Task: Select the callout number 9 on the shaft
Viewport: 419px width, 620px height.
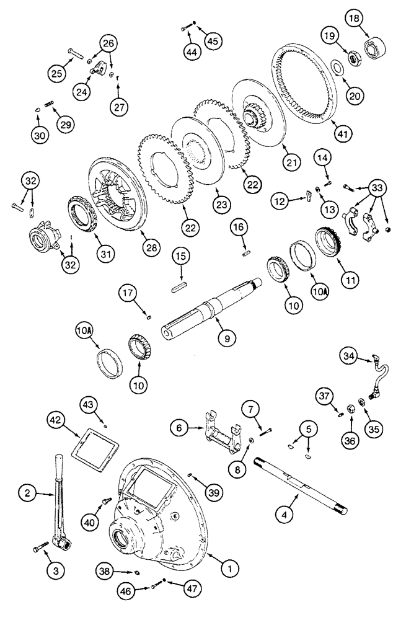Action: pos(227,339)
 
